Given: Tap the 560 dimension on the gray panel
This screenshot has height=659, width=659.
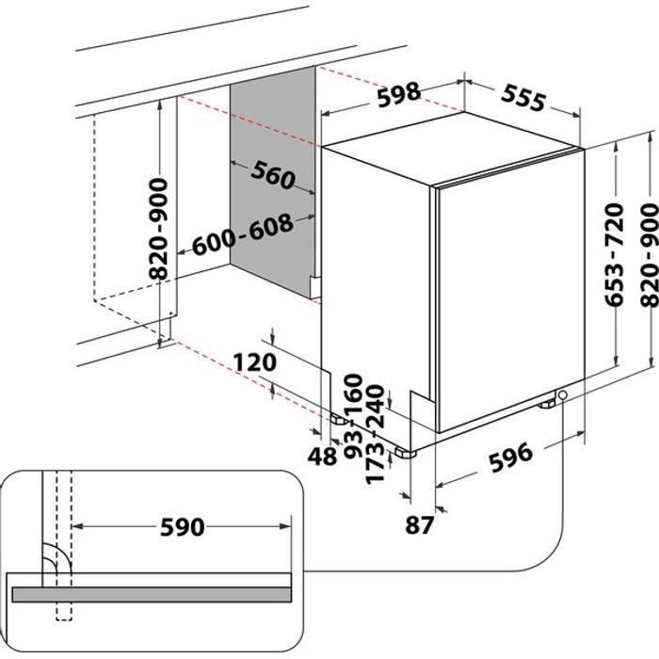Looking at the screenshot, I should coord(273,174).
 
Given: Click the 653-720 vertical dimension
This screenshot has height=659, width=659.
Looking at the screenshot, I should coord(613,253).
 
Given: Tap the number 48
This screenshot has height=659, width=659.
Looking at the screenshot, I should coord(322,457).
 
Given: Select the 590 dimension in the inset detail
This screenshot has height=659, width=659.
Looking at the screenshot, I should coord(183,527).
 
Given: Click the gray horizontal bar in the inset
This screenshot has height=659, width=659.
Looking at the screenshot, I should coord(151,594).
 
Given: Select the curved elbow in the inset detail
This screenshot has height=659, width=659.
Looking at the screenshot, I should coord(55,562).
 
